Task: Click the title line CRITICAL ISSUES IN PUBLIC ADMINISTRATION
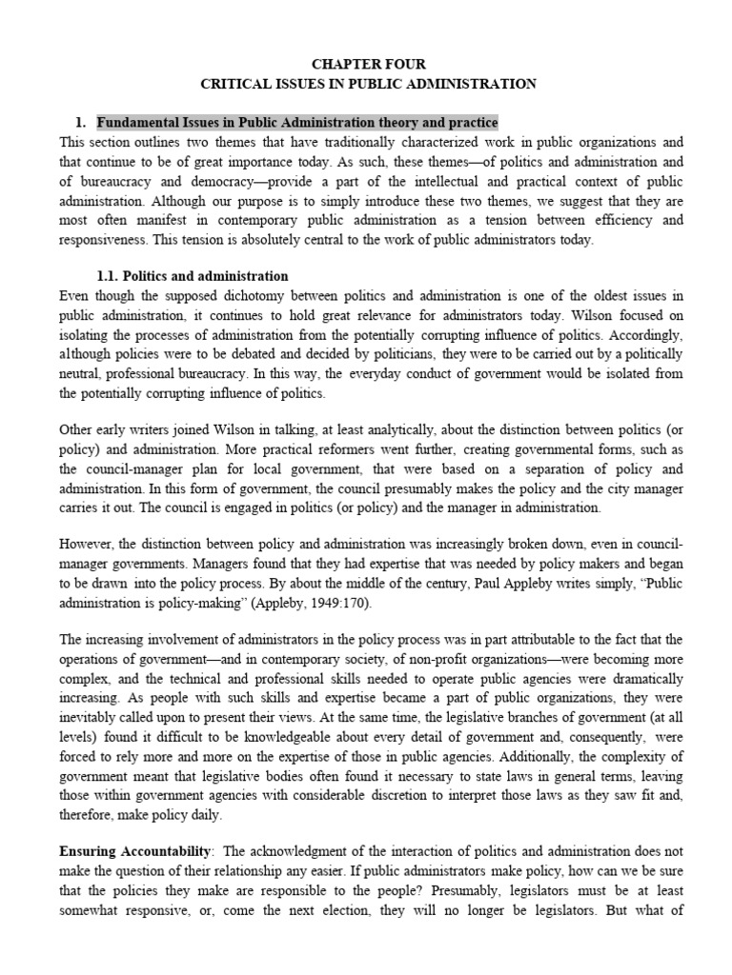(366, 84)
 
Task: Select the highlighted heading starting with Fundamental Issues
(297, 123)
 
